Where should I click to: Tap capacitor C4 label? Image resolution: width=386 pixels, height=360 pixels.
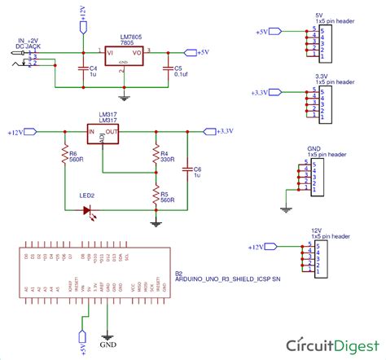[93, 72]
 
